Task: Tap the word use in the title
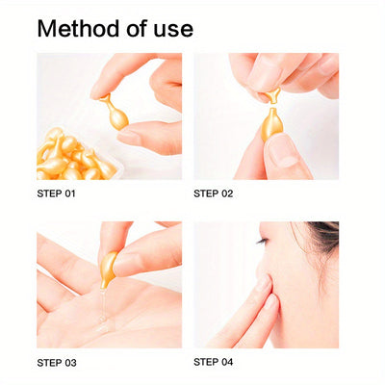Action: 172,28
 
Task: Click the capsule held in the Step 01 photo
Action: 116,115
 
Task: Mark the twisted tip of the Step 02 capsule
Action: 273,94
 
